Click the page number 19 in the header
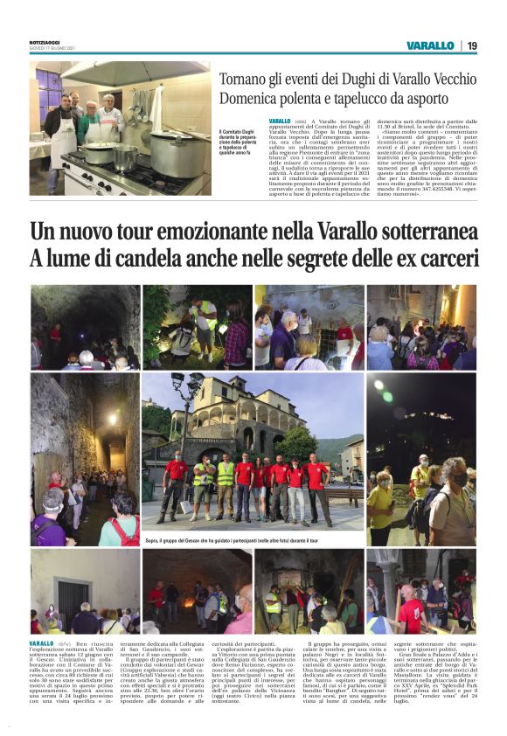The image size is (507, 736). click(x=472, y=45)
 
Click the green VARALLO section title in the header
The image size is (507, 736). click(x=430, y=45)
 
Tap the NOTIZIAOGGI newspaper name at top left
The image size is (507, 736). click(x=46, y=43)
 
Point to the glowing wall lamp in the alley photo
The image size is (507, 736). click(x=112, y=419)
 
